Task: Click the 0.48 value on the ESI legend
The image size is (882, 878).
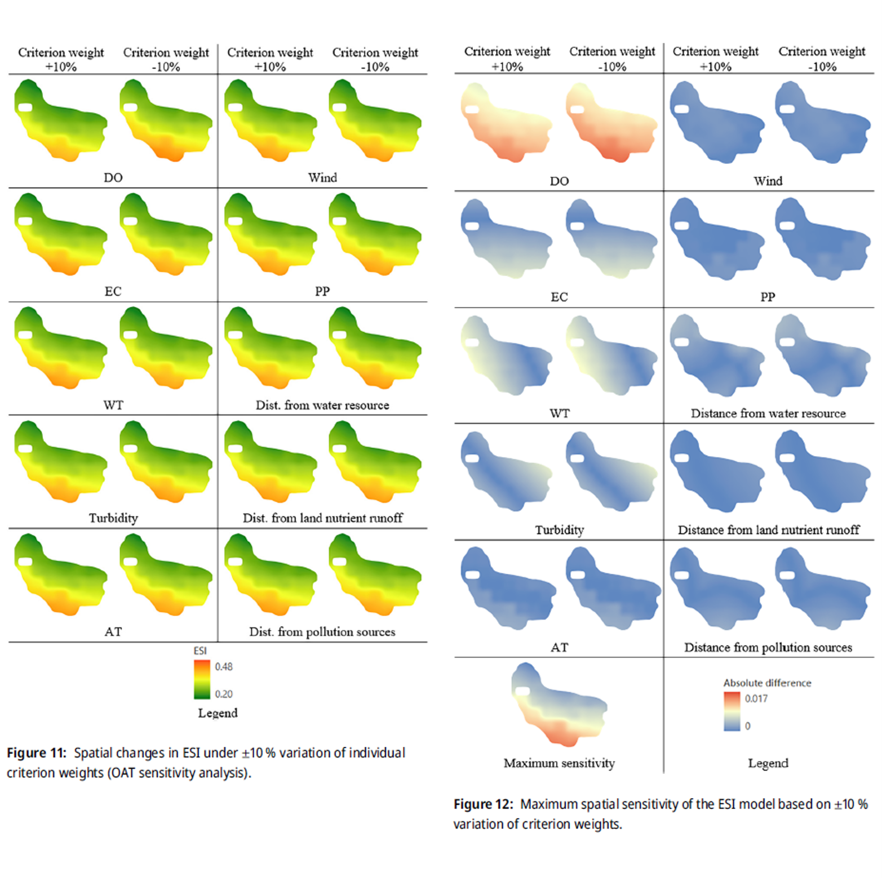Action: (224, 667)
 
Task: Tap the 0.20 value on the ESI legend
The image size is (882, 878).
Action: (224, 694)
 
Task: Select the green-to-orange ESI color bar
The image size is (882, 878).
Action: (202, 679)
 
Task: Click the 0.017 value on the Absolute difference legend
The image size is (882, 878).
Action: (756, 698)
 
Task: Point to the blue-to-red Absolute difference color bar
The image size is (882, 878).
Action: (732, 711)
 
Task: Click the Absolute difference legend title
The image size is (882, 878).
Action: (767, 683)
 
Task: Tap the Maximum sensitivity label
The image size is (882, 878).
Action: (559, 763)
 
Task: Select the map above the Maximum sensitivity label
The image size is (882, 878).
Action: (559, 704)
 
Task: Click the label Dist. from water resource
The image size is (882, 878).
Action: (322, 405)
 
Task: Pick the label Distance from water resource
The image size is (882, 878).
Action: (768, 413)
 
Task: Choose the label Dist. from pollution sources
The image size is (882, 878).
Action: (322, 632)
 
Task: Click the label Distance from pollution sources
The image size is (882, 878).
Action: (768, 648)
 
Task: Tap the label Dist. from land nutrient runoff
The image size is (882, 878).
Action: (322, 518)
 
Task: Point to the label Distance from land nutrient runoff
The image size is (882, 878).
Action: (768, 530)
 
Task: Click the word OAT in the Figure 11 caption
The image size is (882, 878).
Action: (123, 773)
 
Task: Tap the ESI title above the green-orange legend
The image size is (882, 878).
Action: (200, 650)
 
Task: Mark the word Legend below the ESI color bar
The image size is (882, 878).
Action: (218, 713)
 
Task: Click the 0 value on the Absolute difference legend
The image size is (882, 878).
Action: (747, 726)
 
